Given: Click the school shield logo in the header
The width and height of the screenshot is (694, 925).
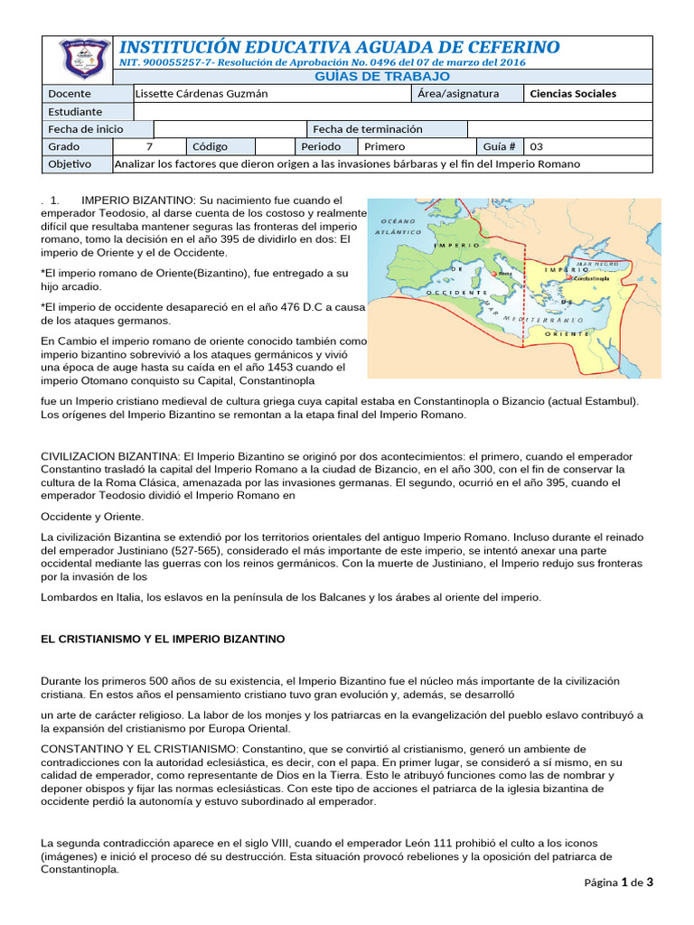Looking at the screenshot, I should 78,59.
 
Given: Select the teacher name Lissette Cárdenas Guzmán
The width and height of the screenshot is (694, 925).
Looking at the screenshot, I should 201,94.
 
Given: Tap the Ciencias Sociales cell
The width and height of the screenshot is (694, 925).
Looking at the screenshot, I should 573,94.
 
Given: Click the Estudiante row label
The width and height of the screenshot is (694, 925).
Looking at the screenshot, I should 76,111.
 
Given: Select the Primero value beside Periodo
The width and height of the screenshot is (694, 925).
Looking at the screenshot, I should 384,146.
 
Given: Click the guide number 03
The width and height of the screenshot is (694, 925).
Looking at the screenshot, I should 537,146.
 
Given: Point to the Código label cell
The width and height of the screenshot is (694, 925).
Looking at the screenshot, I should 210,146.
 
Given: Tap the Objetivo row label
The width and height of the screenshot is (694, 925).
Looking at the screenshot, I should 70,164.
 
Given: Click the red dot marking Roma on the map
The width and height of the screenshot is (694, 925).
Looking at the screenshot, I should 495,272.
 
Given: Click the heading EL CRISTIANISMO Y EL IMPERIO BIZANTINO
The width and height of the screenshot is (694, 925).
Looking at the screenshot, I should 163,639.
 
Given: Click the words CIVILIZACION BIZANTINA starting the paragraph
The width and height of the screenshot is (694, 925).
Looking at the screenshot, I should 110,456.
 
